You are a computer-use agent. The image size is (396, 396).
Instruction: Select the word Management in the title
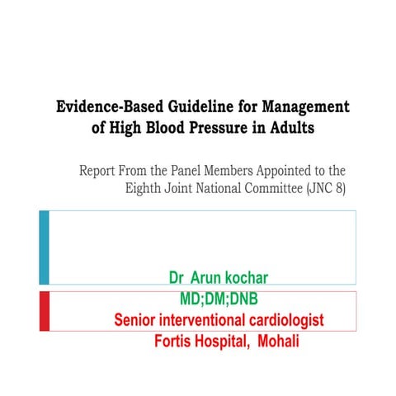point(303,107)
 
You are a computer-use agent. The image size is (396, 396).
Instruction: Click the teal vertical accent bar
point(44,247)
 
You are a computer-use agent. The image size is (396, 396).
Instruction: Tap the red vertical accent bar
point(44,311)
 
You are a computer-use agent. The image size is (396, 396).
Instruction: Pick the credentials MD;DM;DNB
point(224,299)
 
